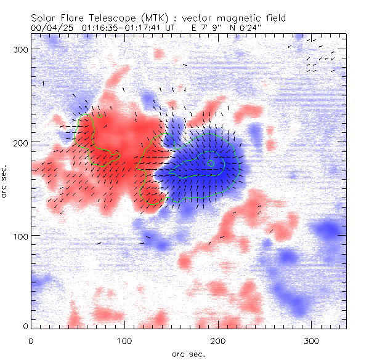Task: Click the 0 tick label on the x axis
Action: (31, 340)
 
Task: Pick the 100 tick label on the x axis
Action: (124, 340)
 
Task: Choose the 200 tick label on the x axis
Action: (218, 340)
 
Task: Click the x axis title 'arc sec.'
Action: (187, 353)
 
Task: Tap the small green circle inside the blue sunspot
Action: (211, 163)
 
